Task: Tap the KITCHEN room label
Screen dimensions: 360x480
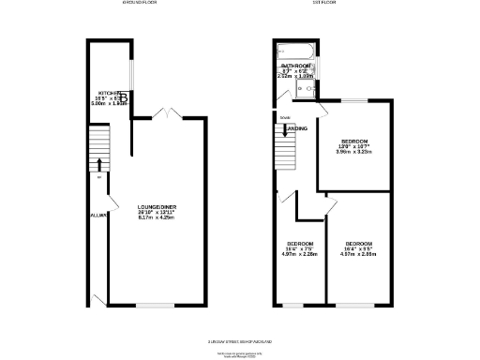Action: click(110, 93)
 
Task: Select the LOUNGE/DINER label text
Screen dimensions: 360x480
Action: click(157, 206)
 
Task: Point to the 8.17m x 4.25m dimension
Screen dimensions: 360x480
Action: click(157, 218)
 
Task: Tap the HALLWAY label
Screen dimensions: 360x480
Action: click(96, 215)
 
